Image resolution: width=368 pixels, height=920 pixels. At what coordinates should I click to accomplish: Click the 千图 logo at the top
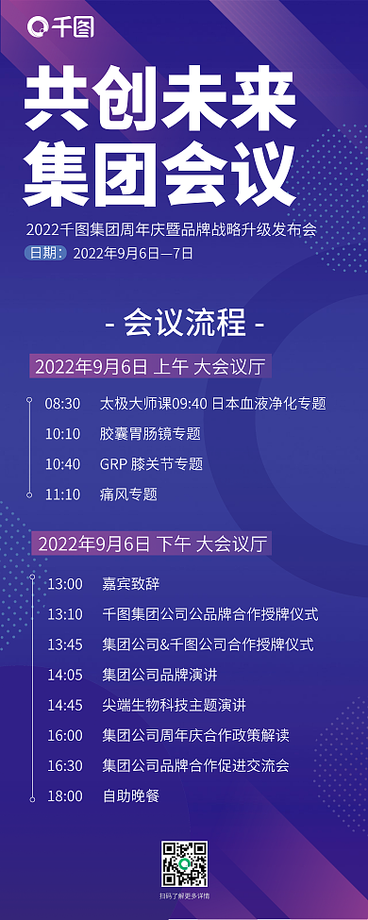(61, 29)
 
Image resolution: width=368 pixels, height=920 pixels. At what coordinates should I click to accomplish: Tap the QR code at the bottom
(184, 860)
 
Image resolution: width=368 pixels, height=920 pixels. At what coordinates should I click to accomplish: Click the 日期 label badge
(46, 252)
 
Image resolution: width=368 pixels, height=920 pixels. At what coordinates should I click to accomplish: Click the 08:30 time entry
(62, 403)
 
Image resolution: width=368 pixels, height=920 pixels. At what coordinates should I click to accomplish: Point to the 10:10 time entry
(62, 433)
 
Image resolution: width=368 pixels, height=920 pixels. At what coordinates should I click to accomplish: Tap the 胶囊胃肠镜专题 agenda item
(150, 433)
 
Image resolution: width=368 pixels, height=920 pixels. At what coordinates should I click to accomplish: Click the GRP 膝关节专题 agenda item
(151, 463)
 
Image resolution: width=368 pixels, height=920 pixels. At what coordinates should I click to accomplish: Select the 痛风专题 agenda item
(128, 493)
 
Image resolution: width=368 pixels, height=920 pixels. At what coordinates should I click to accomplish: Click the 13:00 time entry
(65, 584)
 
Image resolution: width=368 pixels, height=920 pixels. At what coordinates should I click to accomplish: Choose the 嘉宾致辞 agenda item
(131, 584)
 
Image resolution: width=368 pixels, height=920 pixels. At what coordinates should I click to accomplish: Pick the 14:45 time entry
(65, 705)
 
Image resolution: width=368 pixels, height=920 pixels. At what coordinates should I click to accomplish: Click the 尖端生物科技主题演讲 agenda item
(175, 705)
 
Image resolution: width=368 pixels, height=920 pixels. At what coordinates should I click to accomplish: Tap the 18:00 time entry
(65, 795)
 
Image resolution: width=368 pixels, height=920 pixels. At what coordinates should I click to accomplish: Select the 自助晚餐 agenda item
(131, 795)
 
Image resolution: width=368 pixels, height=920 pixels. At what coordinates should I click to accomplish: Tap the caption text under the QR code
(184, 895)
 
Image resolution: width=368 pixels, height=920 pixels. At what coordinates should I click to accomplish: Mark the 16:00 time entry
(65, 735)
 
